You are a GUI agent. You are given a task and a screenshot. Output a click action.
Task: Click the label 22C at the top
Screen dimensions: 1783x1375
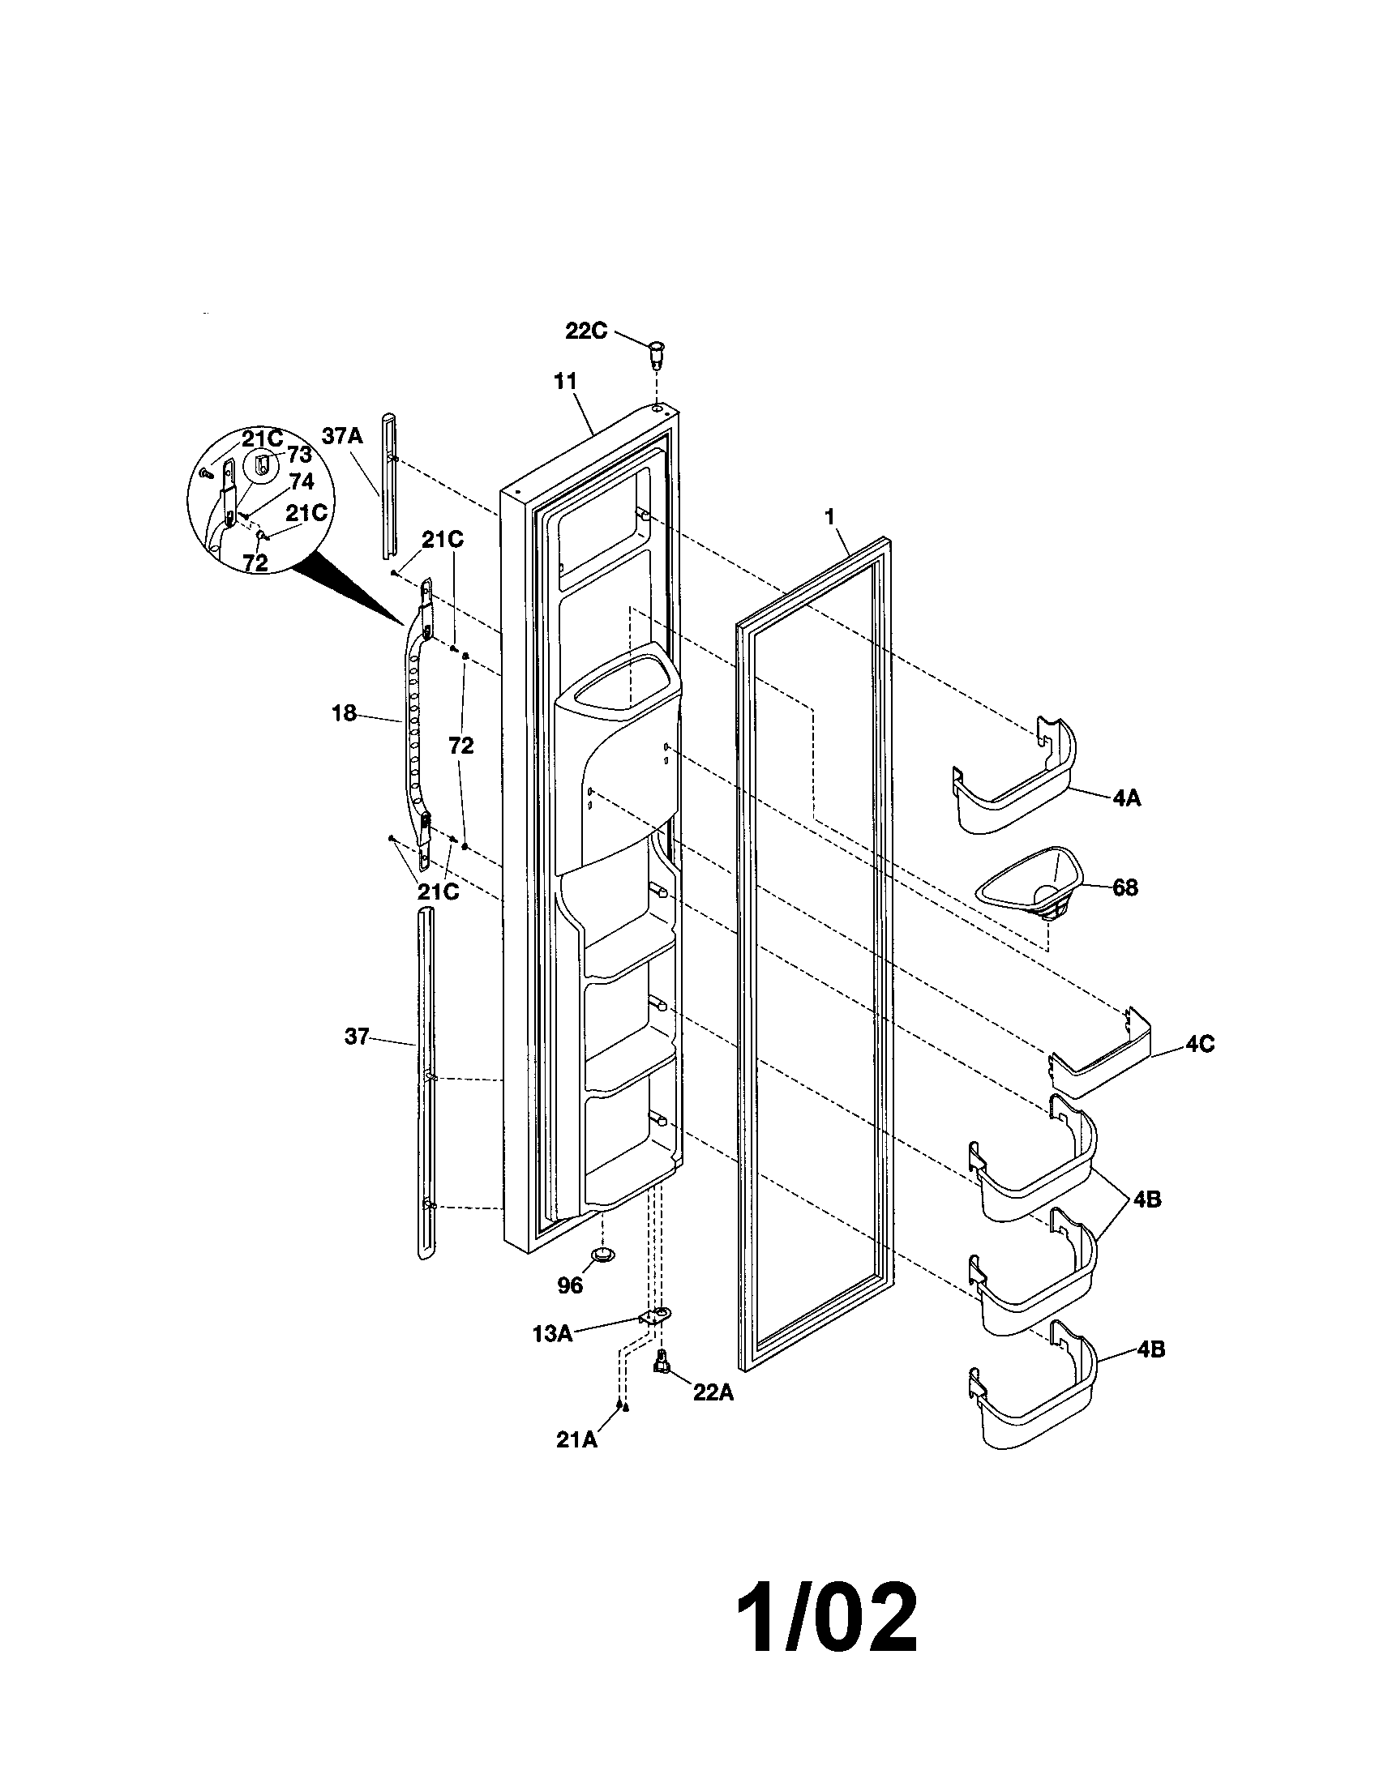coord(585,331)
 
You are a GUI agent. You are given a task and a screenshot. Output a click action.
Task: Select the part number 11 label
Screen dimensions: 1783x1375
coord(566,381)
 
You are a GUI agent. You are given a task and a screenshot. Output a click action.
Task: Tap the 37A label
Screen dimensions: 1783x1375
coord(341,436)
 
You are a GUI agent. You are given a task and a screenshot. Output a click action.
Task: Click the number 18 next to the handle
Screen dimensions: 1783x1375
coord(344,713)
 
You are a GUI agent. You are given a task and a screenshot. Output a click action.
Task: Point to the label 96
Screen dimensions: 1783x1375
coord(570,1286)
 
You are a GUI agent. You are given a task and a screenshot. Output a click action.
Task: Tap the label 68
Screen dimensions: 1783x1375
coord(1125,887)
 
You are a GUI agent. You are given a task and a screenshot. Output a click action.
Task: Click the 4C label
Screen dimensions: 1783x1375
coord(1194,1044)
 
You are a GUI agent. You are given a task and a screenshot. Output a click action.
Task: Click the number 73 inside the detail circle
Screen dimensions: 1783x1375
coord(299,455)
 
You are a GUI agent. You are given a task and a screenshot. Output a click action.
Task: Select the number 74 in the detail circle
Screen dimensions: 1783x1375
coord(302,482)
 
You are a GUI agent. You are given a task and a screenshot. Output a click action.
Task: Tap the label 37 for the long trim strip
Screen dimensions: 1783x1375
coord(356,1037)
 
